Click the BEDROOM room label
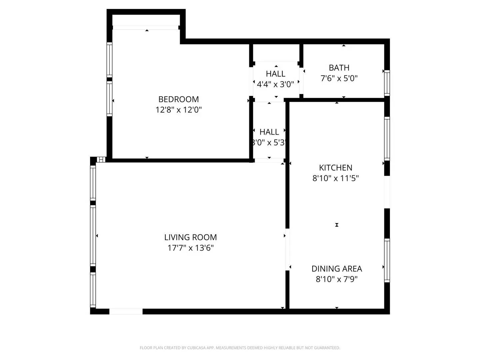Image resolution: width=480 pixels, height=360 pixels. click(x=178, y=99)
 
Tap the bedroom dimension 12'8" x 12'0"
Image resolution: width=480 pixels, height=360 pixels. click(x=178, y=110)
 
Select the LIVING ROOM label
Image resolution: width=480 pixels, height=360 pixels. click(x=190, y=237)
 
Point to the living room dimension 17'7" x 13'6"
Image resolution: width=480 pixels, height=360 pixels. click(x=190, y=248)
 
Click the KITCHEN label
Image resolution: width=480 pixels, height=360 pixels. click(x=335, y=167)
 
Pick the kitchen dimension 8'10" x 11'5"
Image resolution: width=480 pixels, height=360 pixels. click(x=335, y=178)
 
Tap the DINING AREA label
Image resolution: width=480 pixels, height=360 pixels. click(x=337, y=268)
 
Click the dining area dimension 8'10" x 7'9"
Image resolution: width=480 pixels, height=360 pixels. click(x=337, y=279)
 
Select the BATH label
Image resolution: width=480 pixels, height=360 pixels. click(x=339, y=68)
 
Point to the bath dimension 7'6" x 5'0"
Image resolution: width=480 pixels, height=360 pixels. click(x=339, y=78)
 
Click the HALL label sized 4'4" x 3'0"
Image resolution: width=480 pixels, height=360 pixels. click(x=275, y=74)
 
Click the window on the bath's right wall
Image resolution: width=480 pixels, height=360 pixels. click(x=387, y=83)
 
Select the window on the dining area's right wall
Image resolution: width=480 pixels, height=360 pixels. click(x=387, y=260)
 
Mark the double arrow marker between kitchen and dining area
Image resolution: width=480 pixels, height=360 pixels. click(x=337, y=225)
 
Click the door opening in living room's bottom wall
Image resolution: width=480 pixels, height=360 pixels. click(x=126, y=311)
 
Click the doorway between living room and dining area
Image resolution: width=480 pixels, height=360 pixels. click(x=287, y=249)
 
